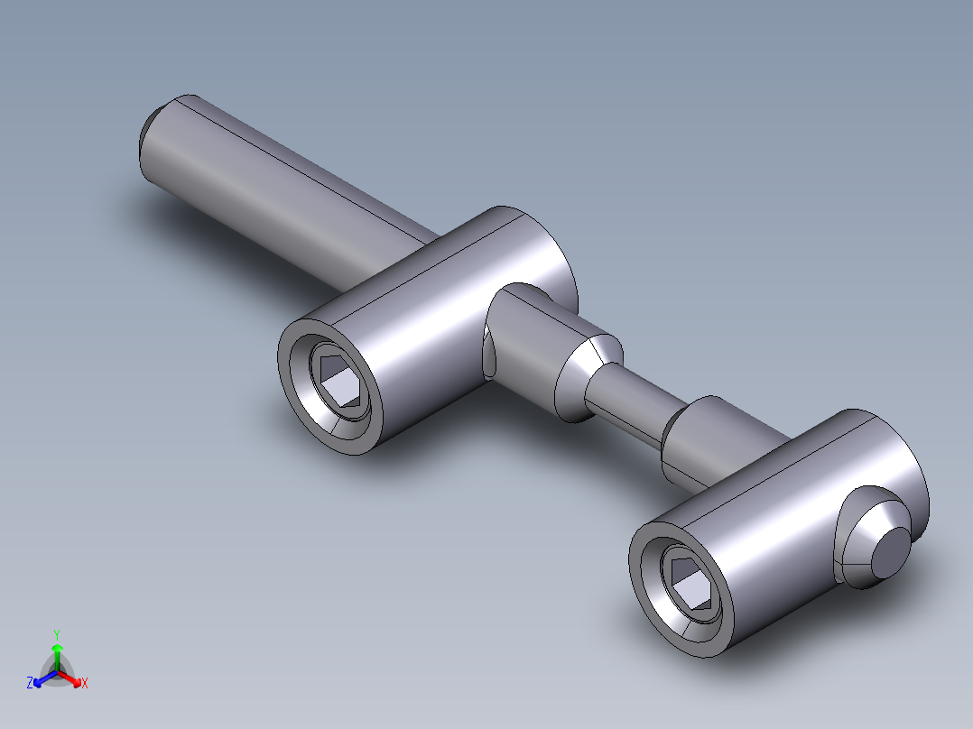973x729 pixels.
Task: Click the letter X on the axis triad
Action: pyautogui.click(x=85, y=683)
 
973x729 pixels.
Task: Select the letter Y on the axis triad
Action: pyautogui.click(x=56, y=634)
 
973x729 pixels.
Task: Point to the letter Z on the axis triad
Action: pyautogui.click(x=30, y=683)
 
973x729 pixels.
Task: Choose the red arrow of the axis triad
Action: pyautogui.click(x=72, y=678)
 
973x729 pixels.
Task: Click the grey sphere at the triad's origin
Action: pyautogui.click(x=57, y=672)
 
